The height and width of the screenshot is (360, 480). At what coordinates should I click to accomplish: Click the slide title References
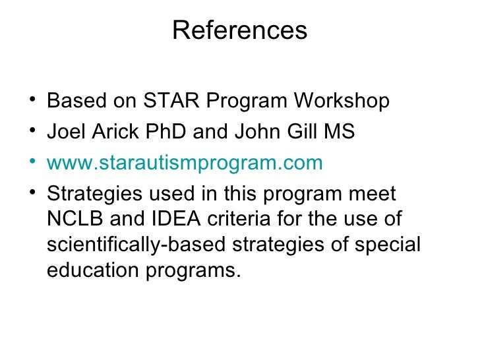[240, 30]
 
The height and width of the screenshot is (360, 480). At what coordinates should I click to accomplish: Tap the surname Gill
[295, 132]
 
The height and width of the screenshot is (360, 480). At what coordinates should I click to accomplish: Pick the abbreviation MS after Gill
[339, 132]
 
